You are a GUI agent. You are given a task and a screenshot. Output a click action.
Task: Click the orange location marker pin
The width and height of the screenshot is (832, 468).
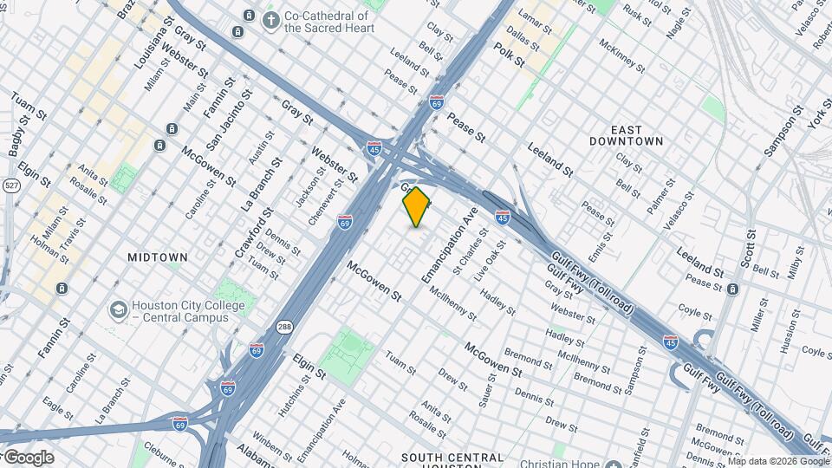click(x=417, y=206)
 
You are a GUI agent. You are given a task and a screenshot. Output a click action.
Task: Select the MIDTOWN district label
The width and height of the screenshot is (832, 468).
click(x=158, y=257)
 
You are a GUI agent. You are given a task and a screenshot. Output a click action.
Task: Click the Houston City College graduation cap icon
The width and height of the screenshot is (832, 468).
click(x=118, y=310)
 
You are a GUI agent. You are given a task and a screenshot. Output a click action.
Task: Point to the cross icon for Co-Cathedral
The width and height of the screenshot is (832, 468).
click(x=271, y=20)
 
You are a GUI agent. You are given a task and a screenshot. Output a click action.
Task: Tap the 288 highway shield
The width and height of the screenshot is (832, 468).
click(x=284, y=327)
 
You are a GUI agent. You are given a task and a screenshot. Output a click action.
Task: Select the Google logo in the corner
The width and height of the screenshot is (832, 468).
click(x=29, y=457)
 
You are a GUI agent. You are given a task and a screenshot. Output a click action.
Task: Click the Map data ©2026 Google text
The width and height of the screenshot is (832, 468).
click(x=777, y=461)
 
